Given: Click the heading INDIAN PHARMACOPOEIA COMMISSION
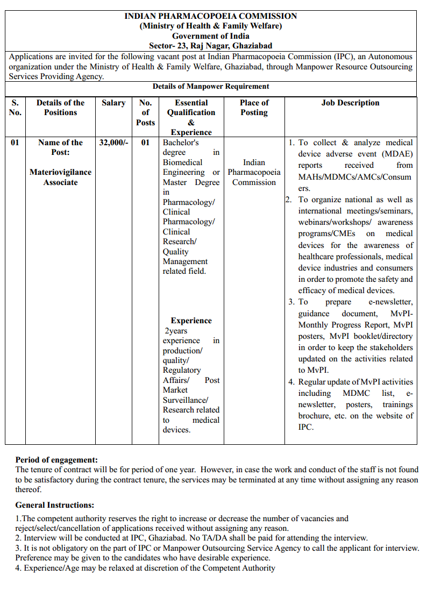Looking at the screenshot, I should tap(211, 16).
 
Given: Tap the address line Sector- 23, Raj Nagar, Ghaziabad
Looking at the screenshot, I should tap(211, 46).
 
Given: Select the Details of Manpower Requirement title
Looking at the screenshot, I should tap(211, 86).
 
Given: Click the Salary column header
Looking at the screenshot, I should tap(113, 103).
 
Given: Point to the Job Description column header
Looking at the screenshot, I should tap(350, 103).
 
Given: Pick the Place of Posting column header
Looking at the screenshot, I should tap(254, 108).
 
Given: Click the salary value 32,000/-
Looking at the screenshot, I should tap(113, 143).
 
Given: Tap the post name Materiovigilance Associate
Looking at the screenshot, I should tap(60, 177).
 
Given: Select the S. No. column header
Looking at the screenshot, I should tap(15, 108).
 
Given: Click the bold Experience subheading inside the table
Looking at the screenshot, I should tap(191, 321).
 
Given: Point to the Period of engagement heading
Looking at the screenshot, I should tap(56, 460).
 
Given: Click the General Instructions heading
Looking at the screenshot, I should tap(54, 505).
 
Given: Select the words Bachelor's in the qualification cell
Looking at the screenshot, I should tap(181, 143).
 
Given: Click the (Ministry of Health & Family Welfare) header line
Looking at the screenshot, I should tap(211, 26).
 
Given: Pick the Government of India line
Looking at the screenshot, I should tap(211, 36).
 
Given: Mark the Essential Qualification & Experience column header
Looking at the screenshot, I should tap(191, 117).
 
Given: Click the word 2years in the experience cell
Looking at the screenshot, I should tap(176, 331).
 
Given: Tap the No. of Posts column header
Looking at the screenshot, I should tap(145, 112).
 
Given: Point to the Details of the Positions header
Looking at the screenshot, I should tap(60, 108).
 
